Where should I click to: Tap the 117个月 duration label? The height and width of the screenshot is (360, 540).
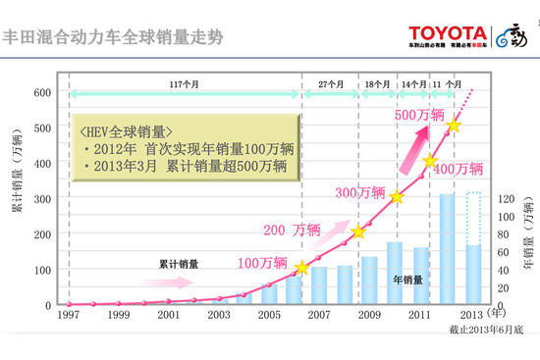pyautogui.click(x=183, y=83)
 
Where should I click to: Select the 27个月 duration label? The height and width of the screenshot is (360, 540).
pyautogui.click(x=329, y=83)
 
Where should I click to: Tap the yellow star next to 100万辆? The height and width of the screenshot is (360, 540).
pyautogui.click(x=301, y=267)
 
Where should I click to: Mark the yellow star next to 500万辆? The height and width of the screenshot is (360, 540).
pyautogui.click(x=454, y=126)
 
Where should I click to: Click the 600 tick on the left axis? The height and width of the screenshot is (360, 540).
pyautogui.click(x=42, y=92)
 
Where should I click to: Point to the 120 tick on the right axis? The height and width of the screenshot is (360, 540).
pyautogui.click(x=502, y=198)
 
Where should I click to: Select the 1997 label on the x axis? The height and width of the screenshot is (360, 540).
pyautogui.click(x=69, y=317)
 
